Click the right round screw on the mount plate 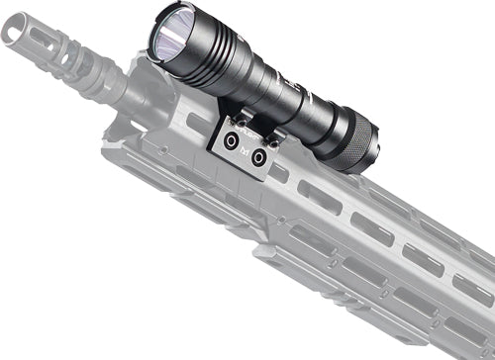(x=258, y=155)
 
